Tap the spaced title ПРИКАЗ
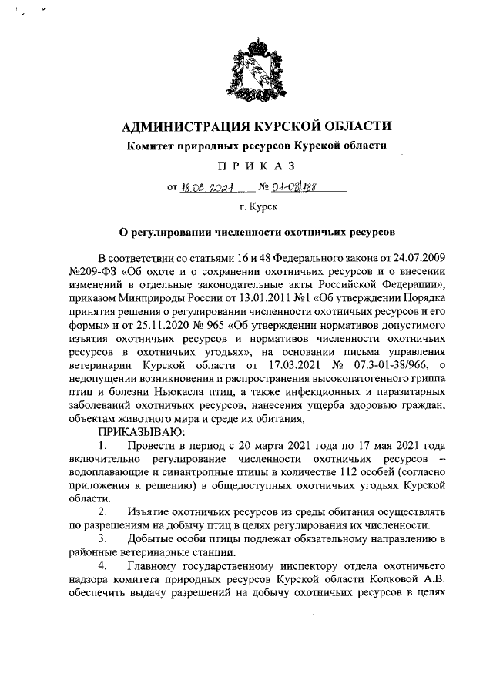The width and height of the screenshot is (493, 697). pyautogui.click(x=246, y=166)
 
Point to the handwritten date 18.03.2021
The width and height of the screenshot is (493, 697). pyautogui.click(x=206, y=186)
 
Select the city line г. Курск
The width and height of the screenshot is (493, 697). pyautogui.click(x=246, y=207)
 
